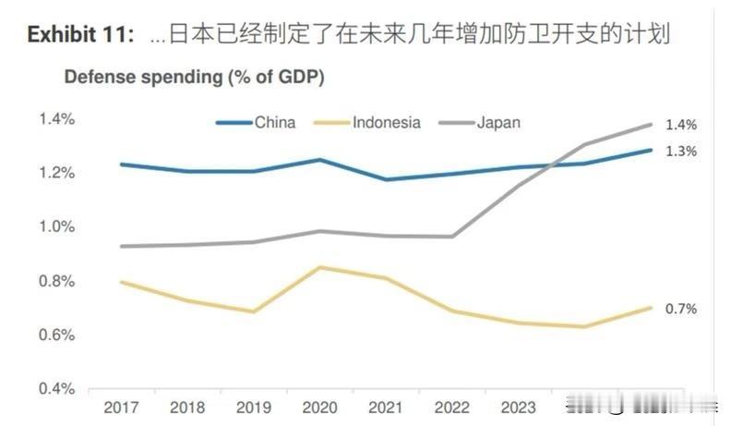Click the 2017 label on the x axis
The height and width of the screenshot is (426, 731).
click(122, 408)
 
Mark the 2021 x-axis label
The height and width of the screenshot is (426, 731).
click(387, 408)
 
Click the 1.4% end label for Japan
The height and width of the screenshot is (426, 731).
click(681, 125)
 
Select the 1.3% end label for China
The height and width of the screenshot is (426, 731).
click(681, 152)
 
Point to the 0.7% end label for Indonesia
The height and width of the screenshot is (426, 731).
click(681, 310)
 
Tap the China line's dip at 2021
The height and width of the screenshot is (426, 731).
click(387, 179)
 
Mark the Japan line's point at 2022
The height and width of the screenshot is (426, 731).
click(452, 237)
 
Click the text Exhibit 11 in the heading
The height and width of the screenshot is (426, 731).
click(81, 35)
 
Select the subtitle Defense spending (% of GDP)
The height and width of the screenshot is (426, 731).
click(193, 77)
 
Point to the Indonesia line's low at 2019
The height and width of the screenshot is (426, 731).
click(254, 311)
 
